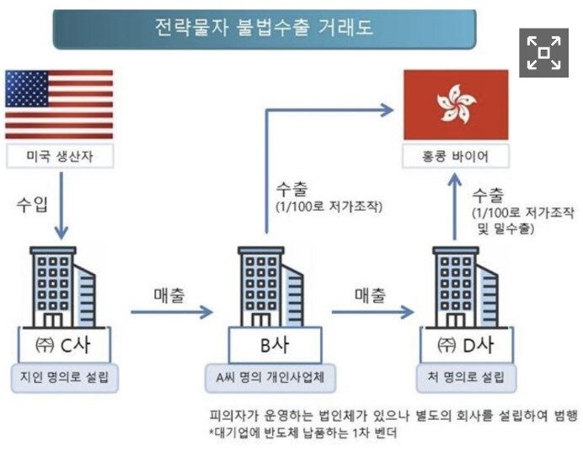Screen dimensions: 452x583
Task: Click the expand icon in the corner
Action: click(x=543, y=52)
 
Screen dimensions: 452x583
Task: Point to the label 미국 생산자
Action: click(x=59, y=156)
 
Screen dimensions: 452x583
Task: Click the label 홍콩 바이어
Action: click(x=456, y=156)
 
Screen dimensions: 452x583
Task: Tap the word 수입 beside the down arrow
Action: click(x=31, y=205)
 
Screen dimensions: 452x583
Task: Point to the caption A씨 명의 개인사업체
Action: click(x=271, y=377)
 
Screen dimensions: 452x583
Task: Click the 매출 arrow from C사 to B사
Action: click(x=173, y=313)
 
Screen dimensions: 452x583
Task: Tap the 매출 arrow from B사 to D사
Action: click(x=375, y=313)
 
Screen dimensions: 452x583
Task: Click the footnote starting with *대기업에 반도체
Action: click(x=303, y=434)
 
